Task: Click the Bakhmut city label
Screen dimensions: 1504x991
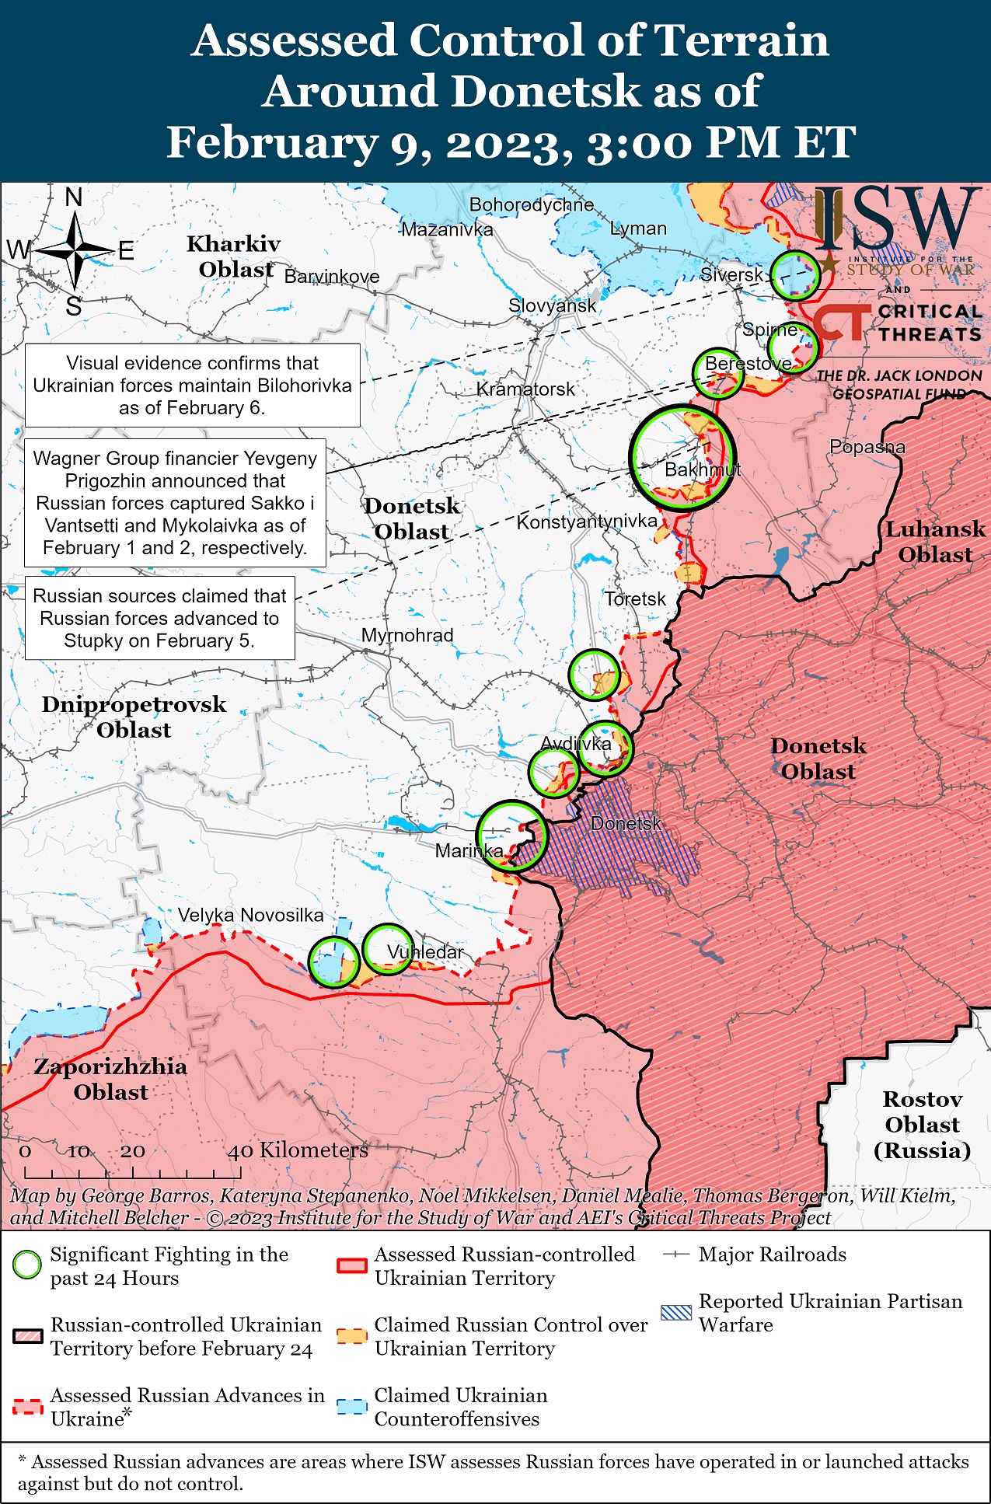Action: tap(702, 469)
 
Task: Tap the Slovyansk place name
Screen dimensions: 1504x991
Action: tap(552, 305)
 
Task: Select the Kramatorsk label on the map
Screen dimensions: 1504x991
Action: tap(525, 389)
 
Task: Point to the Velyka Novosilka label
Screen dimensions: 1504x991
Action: tap(250, 915)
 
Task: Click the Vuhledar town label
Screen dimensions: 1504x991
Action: tap(424, 951)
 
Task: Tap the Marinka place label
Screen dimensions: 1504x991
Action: tap(469, 850)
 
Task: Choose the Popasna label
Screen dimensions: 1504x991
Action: tap(867, 447)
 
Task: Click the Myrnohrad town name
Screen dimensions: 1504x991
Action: tap(407, 635)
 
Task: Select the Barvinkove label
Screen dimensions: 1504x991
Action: tap(332, 277)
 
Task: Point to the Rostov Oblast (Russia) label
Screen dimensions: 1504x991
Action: tap(922, 1124)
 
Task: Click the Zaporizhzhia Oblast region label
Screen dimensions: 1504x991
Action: tap(110, 1079)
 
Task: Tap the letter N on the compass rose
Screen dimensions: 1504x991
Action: tap(74, 197)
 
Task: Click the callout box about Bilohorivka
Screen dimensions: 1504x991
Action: tap(192, 386)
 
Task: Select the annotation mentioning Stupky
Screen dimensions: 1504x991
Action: tap(159, 618)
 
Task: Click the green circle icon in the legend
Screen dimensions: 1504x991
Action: tap(27, 1265)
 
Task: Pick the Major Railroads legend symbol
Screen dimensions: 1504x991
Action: tap(676, 1254)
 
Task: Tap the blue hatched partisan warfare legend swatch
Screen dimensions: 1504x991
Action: tap(675, 1313)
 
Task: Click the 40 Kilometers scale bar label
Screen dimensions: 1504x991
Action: tap(297, 1150)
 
